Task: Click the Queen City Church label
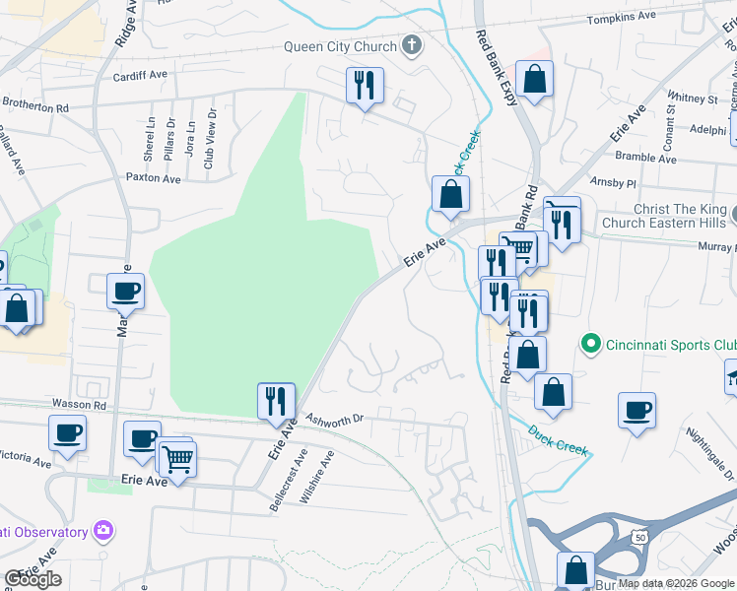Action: [x=340, y=45]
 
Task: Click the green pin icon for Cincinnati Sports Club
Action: [x=591, y=344]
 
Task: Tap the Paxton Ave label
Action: [x=153, y=178]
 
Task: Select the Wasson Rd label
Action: [x=85, y=405]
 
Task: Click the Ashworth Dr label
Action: [x=334, y=418]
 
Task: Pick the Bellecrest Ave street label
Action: [x=288, y=481]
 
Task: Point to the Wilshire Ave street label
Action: [x=318, y=477]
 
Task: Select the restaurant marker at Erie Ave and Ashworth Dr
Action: [x=276, y=401]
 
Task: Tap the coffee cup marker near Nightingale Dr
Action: [x=637, y=410]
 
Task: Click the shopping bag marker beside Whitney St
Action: [x=534, y=80]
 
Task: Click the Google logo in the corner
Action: [x=33, y=579]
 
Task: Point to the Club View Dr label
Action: [x=209, y=144]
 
